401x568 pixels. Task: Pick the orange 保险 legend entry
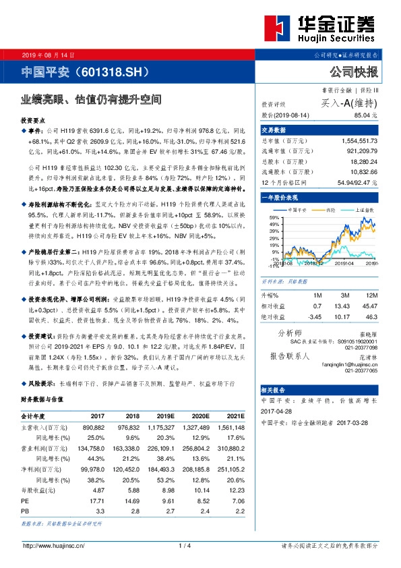326,210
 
